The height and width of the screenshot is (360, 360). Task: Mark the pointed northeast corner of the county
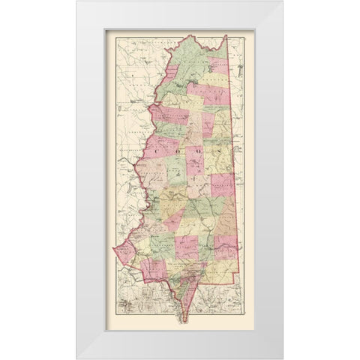click(x=226, y=35)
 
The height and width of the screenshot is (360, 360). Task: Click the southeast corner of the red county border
click(x=246, y=279)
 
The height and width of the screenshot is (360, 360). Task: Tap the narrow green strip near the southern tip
click(x=180, y=296)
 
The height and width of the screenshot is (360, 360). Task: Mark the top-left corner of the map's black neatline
click(x=105, y=30)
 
